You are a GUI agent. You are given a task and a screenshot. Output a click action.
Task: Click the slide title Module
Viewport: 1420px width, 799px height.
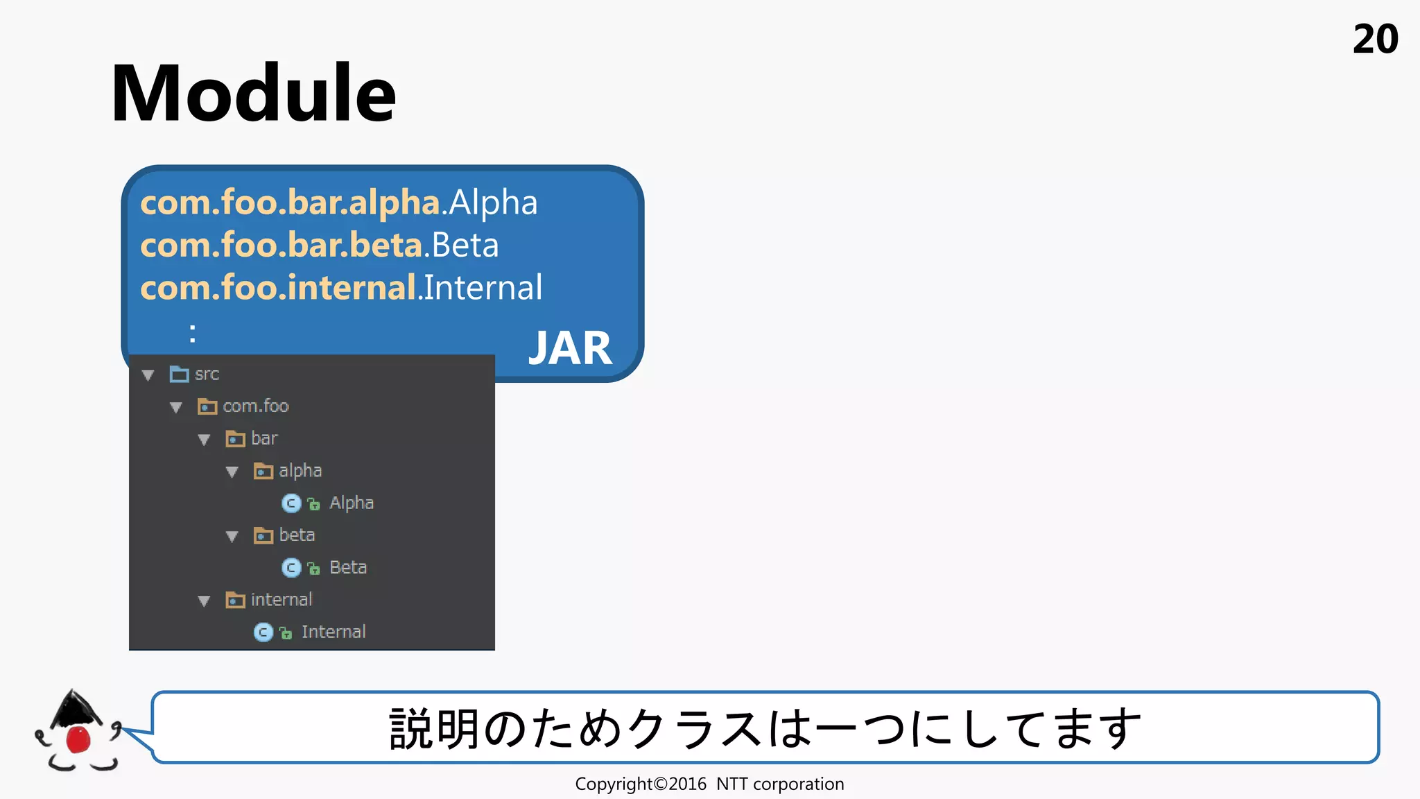(253, 94)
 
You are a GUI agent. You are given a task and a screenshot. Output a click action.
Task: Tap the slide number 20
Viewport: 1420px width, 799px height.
(1375, 40)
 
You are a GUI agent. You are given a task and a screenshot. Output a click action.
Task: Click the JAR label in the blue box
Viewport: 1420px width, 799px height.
(570, 347)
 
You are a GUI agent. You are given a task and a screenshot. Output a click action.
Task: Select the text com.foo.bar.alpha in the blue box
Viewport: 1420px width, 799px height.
(290, 203)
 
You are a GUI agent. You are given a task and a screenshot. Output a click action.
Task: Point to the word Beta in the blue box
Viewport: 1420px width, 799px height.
(465, 246)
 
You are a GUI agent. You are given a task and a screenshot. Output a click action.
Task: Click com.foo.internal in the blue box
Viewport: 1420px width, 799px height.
(278, 288)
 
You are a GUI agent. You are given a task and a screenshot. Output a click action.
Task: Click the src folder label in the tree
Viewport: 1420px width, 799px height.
(207, 375)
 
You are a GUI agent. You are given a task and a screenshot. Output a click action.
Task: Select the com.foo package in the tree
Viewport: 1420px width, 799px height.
(255, 406)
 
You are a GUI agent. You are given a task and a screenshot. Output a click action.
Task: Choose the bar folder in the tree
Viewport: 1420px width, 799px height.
(263, 438)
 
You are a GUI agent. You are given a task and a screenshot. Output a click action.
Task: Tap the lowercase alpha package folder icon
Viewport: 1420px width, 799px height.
(263, 472)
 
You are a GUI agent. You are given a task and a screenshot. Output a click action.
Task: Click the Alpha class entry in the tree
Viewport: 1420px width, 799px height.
(351, 503)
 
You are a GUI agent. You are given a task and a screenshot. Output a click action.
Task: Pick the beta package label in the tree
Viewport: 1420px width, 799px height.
(297, 535)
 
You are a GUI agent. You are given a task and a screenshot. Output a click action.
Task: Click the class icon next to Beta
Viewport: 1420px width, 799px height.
(291, 568)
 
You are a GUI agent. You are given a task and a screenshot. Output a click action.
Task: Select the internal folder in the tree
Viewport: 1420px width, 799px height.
(281, 600)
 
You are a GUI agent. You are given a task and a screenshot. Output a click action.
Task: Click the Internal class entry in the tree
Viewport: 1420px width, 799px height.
(333, 632)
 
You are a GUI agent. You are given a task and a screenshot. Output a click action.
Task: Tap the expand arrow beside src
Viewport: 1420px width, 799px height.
(148, 375)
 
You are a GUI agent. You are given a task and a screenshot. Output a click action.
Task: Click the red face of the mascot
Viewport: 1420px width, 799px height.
(78, 739)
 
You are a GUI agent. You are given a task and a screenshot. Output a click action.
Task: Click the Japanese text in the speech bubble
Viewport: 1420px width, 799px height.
(765, 728)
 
